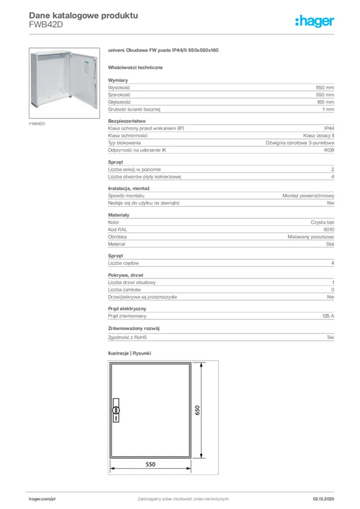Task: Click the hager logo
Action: [314, 21]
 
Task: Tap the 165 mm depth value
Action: [326, 101]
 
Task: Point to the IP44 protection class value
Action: [329, 128]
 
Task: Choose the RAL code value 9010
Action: [329, 230]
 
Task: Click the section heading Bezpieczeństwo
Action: [126, 121]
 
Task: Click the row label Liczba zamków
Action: [125, 289]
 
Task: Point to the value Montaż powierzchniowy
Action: [308, 196]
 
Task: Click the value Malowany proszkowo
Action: [311, 237]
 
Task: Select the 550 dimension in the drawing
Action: [150, 464]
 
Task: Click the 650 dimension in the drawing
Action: [197, 410]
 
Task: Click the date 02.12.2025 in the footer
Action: [323, 499]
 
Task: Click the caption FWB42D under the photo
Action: [37, 123]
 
